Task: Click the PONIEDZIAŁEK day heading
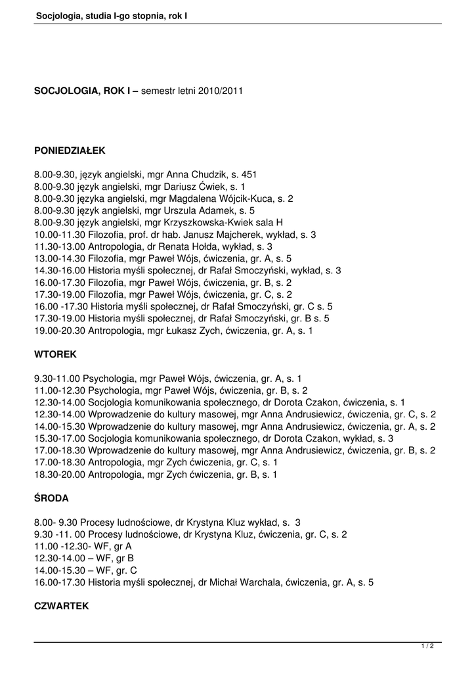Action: pos(70,151)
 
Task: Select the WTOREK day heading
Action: pos(55,354)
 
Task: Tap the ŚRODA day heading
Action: pos(51,498)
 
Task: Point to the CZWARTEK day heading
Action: pos(61,607)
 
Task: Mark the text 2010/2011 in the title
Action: pos(221,91)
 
